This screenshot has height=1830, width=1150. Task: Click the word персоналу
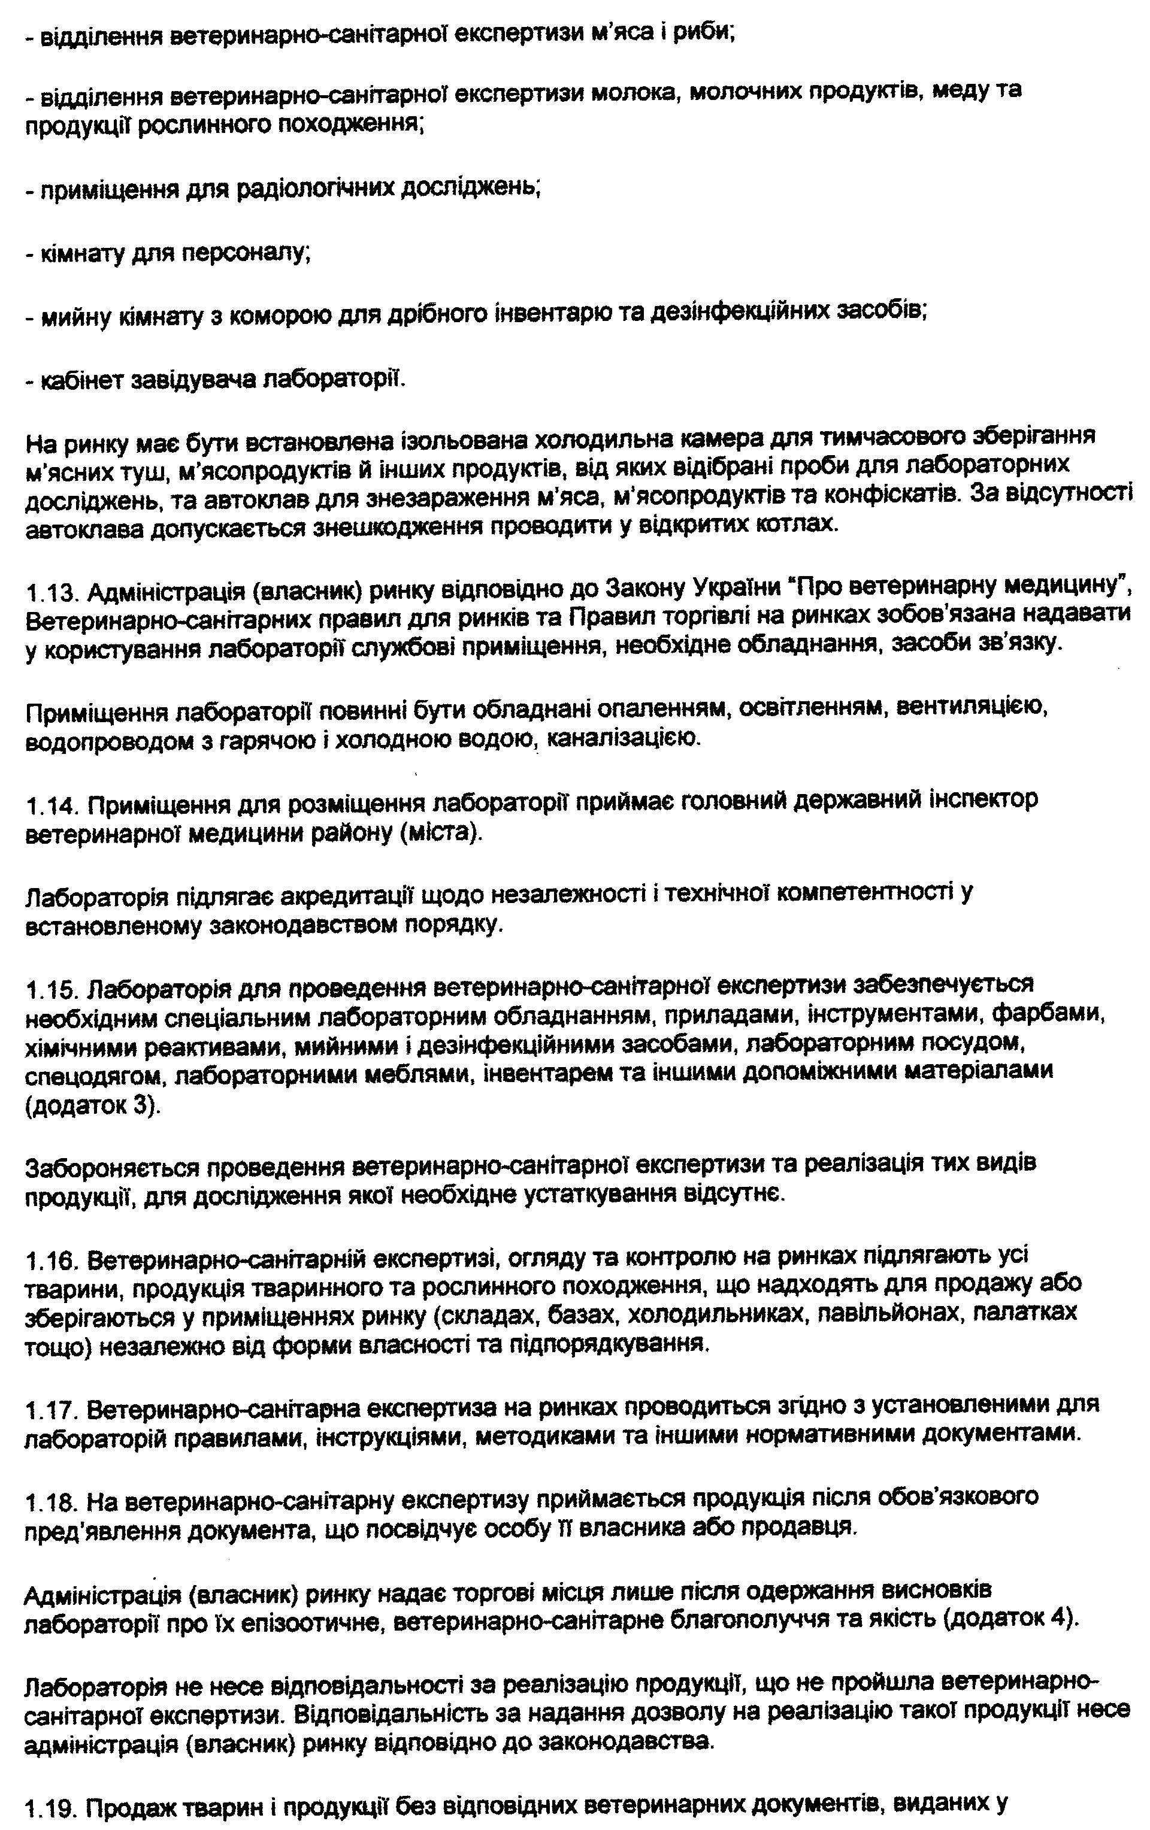coord(244,253)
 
